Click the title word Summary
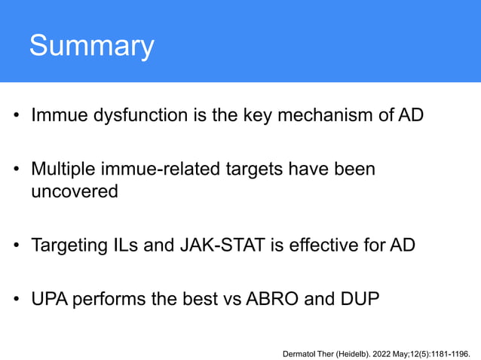pos(91,47)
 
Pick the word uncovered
pos(75,192)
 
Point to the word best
pos(199,298)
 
